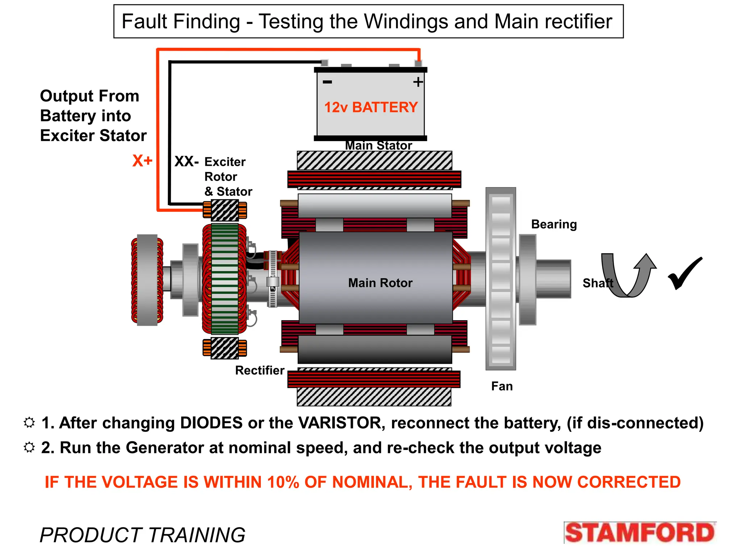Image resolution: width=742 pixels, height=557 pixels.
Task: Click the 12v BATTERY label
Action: pos(371,107)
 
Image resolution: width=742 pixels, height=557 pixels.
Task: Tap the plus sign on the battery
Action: pos(418,82)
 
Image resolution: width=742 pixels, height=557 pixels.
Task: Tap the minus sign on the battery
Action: pos(327,82)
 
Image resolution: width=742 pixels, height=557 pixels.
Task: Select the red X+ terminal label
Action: pos(142,161)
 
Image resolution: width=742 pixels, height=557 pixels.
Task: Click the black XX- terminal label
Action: pos(186,161)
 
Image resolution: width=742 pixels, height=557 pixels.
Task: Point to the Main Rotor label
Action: pos(380,283)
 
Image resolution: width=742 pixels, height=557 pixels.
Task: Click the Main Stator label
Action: pos(378,145)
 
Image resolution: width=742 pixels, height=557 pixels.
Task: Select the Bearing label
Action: pos(554,224)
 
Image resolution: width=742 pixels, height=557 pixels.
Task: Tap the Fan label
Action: pos(502,386)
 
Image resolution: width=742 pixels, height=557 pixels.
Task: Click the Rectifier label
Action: pos(260,370)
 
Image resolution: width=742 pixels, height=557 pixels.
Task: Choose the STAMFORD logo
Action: pos(639,533)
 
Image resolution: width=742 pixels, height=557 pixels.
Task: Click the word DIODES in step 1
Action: pos(211,423)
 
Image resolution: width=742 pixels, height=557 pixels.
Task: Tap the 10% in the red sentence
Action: pos(283,482)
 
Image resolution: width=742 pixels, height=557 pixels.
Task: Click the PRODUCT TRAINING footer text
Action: pos(142,535)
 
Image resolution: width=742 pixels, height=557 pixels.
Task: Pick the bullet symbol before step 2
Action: pos(29,447)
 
